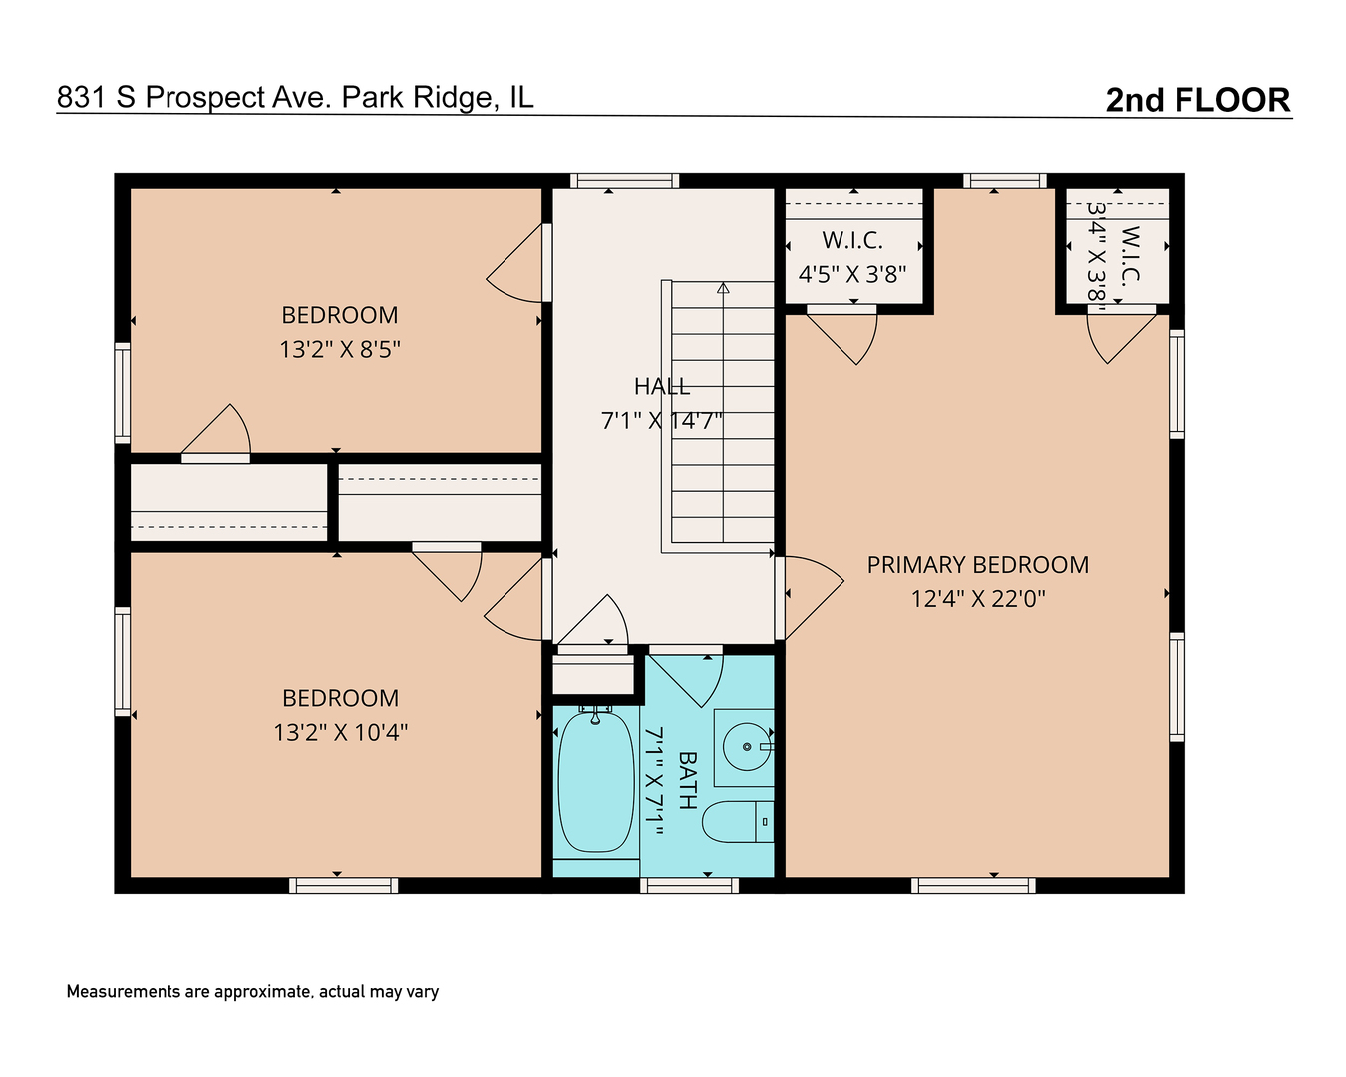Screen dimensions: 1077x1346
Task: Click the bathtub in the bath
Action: coord(595,780)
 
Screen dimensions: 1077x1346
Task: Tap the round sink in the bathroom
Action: coord(747,746)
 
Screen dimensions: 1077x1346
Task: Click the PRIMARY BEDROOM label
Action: coord(977,565)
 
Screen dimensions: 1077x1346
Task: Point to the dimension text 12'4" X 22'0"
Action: coord(977,599)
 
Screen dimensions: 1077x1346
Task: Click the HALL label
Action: coord(661,386)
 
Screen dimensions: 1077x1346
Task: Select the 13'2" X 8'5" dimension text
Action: coord(340,349)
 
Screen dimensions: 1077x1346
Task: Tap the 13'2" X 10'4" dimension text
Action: coord(340,732)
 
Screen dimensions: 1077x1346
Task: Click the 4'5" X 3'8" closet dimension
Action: coord(852,274)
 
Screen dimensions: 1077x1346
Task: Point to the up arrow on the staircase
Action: coord(723,289)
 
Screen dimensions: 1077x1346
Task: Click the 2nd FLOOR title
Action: coord(1197,100)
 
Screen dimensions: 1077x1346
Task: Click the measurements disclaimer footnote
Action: coord(252,992)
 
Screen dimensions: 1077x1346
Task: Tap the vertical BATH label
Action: coord(687,780)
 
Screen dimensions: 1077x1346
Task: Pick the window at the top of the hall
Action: coord(624,180)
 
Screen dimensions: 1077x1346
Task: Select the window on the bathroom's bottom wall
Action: coord(689,885)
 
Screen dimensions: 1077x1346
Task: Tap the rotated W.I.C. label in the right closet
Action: coord(1130,256)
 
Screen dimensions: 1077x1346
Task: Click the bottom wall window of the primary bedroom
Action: coord(973,885)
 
